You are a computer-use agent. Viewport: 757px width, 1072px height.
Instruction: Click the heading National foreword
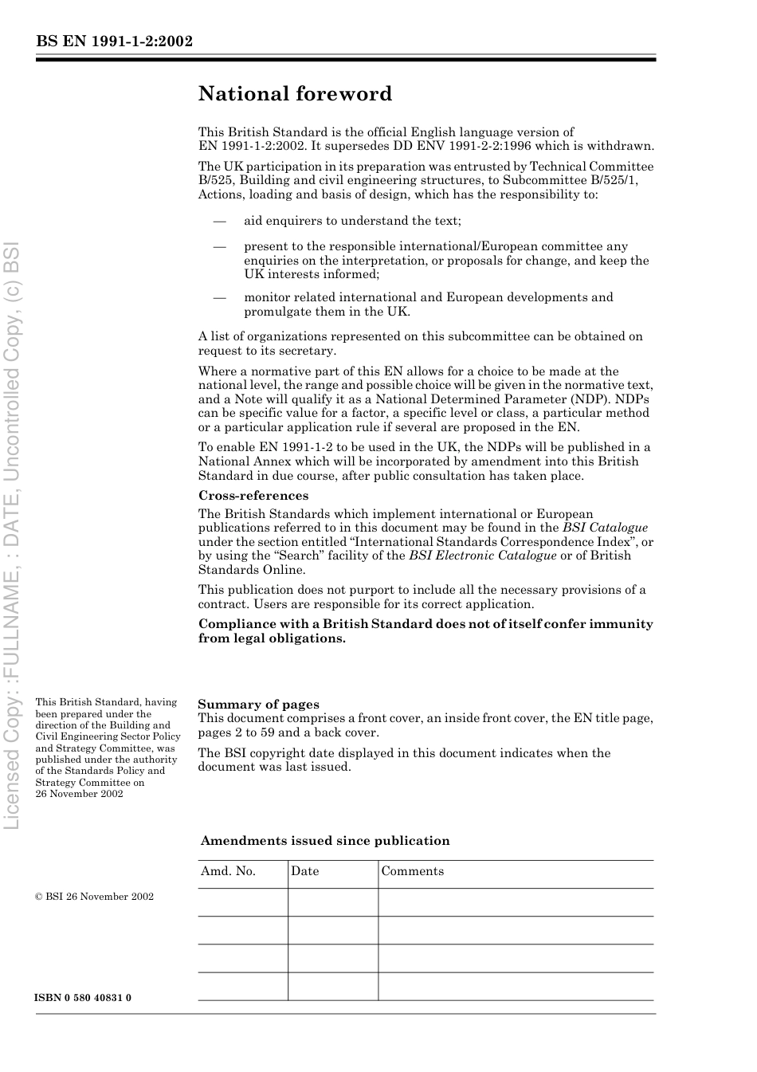pos(295,94)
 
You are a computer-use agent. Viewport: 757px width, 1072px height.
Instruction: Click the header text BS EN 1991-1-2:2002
pos(114,42)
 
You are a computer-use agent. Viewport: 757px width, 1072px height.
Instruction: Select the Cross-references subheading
pos(253,496)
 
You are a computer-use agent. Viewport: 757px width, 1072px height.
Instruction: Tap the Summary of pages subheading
pos(258,705)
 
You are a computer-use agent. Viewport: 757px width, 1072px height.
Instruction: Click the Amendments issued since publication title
pos(325,841)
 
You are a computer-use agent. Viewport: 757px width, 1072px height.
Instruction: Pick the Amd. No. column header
pos(228,871)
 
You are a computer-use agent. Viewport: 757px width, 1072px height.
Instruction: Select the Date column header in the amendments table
pos(304,871)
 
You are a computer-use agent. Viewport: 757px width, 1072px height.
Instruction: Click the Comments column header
pos(412,871)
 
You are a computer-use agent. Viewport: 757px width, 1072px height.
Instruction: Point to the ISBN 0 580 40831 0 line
pos(83,998)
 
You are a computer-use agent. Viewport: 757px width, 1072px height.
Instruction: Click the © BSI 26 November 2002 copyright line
pos(94,897)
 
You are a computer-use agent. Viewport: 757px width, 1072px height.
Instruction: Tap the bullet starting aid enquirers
pos(352,221)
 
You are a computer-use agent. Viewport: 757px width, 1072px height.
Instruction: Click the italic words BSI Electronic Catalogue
pos(482,556)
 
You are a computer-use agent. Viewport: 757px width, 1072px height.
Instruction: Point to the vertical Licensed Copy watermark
pos(12,534)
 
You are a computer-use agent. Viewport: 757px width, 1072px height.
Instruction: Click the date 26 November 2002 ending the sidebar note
pos(79,794)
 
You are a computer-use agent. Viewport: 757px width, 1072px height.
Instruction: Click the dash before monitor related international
pos(220,297)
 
